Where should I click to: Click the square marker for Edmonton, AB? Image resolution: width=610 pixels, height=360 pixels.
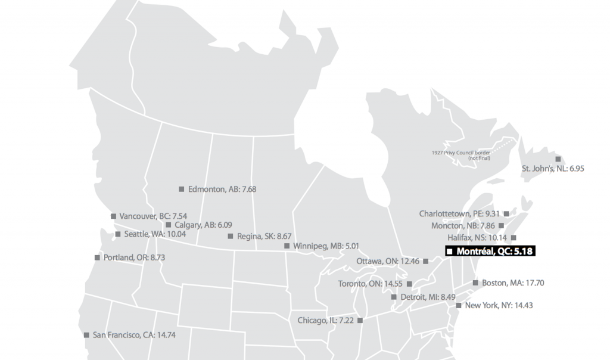point(182,189)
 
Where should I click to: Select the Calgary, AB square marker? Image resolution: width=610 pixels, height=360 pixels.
point(169,225)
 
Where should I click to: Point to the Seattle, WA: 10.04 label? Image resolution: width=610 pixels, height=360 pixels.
point(155,234)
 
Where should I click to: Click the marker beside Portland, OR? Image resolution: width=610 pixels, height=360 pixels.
point(97,257)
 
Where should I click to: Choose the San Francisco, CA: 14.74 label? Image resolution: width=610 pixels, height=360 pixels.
point(133,335)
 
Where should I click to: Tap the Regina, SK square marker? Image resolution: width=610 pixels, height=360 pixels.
point(231,236)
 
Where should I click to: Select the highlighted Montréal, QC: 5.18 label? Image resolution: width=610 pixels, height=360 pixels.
point(494,252)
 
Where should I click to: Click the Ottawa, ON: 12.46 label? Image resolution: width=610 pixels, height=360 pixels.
point(388,261)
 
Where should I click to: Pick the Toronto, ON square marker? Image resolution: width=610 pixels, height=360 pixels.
point(409,283)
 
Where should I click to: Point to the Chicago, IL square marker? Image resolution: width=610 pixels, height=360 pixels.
point(360,320)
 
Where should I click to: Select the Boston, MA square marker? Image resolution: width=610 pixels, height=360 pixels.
point(475,283)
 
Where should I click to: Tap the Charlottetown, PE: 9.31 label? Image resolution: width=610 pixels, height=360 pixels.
point(459,213)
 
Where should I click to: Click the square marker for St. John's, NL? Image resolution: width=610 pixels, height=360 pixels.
point(558,159)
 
